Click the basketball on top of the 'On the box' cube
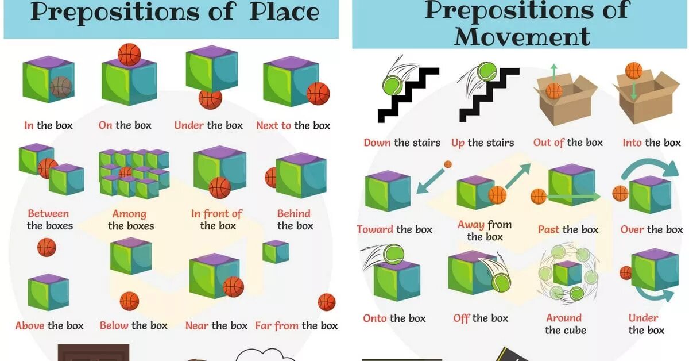point(129,55)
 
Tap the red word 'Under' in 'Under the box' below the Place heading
point(189,125)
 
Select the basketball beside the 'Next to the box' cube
point(318,93)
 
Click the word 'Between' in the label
point(48,214)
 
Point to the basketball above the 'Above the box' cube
point(47,247)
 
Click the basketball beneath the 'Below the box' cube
point(129,301)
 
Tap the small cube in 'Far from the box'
point(276,251)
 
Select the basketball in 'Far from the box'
point(326,302)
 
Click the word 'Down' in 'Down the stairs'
point(377,143)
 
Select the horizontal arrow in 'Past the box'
point(574,197)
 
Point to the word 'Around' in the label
point(564,318)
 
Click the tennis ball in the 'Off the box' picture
point(500,280)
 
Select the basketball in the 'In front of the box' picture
point(219,187)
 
